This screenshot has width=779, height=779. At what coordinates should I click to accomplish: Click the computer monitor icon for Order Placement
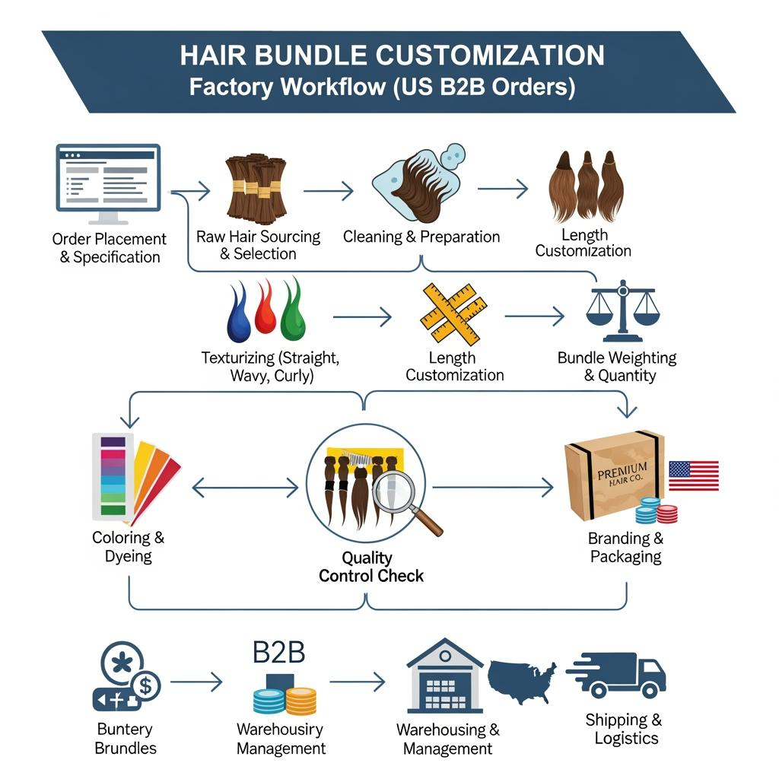tap(108, 179)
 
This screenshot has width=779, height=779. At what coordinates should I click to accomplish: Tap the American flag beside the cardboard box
tap(693, 475)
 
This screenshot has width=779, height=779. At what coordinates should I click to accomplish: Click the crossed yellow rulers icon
tap(453, 315)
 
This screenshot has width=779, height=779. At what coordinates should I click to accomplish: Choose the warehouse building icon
tap(445, 676)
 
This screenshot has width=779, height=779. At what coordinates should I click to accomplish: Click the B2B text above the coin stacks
tap(278, 653)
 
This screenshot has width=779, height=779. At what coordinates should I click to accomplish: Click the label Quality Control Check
tap(371, 567)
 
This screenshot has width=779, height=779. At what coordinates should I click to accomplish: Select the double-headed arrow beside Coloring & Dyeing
tap(245, 488)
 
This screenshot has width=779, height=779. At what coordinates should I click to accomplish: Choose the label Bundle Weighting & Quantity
tap(616, 366)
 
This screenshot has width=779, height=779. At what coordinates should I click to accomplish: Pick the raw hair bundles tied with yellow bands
tap(256, 188)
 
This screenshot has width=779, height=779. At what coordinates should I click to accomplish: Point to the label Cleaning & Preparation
tap(421, 237)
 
